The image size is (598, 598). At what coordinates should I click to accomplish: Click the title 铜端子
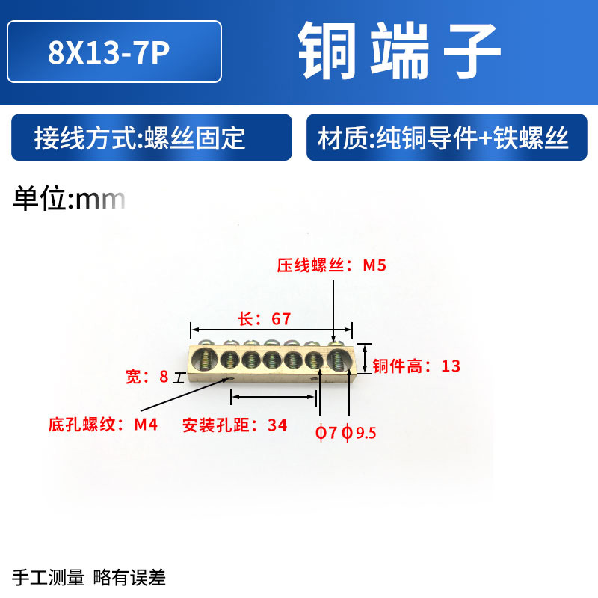pyautogui.click(x=400, y=52)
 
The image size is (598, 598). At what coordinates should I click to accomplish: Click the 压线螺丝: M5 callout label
pyautogui.click(x=331, y=265)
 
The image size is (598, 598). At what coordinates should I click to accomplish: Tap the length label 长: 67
pyautogui.click(x=264, y=319)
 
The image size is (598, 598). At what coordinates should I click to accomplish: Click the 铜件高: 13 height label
pyautogui.click(x=416, y=366)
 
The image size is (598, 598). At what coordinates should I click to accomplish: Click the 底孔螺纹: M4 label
pyautogui.click(x=102, y=425)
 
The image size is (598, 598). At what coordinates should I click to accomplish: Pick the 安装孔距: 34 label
pyautogui.click(x=235, y=425)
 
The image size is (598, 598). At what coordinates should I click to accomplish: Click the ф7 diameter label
pyautogui.click(x=326, y=432)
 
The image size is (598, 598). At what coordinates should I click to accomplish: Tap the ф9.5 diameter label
pyautogui.click(x=358, y=432)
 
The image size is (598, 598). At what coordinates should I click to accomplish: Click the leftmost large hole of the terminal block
pyautogui.click(x=204, y=360)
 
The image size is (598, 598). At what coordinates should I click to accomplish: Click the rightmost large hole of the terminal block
pyautogui.click(x=338, y=360)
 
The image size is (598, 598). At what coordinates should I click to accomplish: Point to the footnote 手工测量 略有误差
pyautogui.click(x=90, y=577)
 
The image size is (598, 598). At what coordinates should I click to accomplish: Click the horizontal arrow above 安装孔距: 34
pyautogui.click(x=273, y=398)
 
